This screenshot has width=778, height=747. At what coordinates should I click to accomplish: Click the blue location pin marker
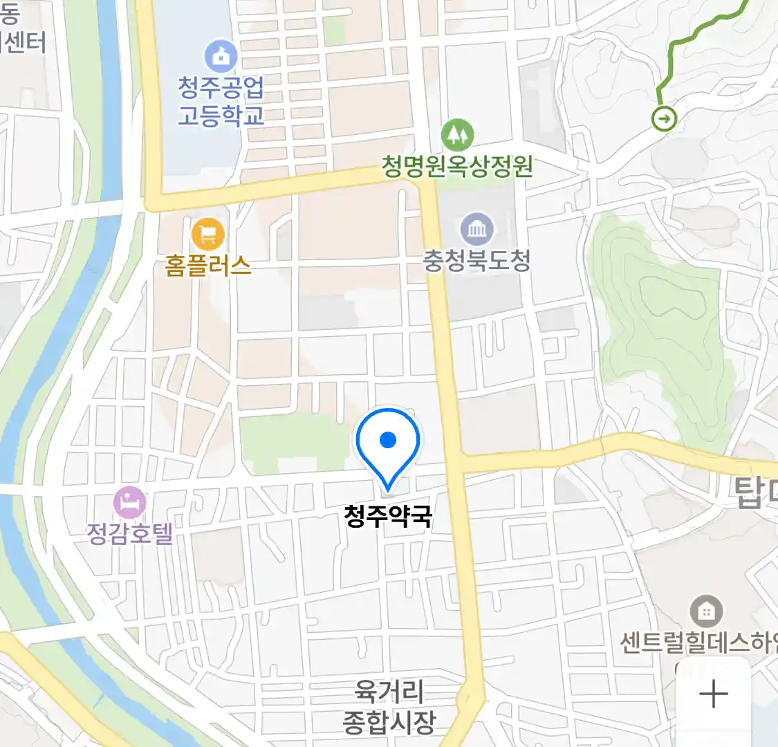point(388,443)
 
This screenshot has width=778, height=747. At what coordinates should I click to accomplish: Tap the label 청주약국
point(388,516)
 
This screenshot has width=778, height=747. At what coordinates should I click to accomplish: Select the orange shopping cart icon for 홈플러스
point(207,234)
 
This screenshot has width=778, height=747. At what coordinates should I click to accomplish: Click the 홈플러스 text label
point(207,266)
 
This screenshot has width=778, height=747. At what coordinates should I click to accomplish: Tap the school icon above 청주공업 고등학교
point(221,57)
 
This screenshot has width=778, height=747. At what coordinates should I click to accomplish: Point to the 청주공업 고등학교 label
point(221,101)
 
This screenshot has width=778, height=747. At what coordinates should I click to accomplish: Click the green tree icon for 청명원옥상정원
point(457,135)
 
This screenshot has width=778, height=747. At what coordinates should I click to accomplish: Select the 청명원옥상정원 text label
point(457,166)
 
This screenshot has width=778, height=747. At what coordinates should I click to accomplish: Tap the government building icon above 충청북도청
point(477,229)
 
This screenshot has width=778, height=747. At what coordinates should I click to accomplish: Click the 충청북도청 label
point(477,261)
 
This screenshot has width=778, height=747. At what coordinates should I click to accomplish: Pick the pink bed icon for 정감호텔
point(129,502)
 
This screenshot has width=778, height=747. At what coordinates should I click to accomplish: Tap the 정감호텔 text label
point(129,533)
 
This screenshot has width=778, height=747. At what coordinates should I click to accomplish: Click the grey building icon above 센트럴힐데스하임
point(706,611)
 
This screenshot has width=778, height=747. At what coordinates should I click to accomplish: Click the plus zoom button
point(713,694)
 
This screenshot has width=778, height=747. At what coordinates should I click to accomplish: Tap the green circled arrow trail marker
point(665,118)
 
